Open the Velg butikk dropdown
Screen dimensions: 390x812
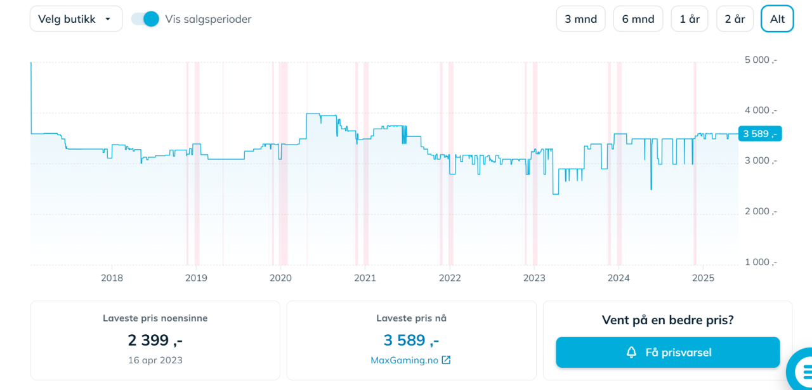(75, 19)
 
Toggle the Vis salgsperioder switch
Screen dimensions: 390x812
(145, 19)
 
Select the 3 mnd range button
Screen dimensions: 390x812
(580, 19)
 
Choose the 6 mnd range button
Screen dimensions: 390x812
(638, 19)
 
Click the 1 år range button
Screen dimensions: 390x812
(690, 19)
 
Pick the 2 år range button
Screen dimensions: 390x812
(735, 19)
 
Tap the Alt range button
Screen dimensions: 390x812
(777, 19)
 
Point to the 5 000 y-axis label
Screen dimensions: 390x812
(761, 60)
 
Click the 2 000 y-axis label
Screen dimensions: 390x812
(761, 211)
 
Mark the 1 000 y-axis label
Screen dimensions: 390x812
(761, 262)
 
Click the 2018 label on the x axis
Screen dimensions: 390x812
(112, 278)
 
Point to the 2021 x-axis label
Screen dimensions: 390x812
(365, 278)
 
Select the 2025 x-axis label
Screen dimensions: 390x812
(703, 278)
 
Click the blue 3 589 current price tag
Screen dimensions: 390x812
(760, 134)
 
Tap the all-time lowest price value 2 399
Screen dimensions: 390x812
(155, 341)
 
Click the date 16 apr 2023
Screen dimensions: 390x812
(155, 360)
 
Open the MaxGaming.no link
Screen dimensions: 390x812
(410, 360)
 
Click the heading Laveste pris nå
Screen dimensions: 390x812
(411, 318)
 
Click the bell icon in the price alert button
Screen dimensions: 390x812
(631, 352)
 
